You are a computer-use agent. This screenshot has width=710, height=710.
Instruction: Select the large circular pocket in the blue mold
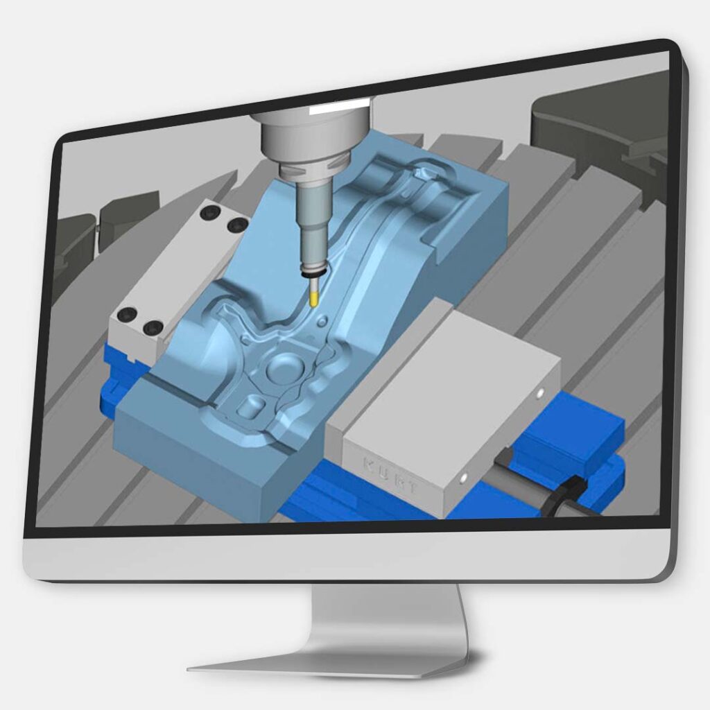tap(284, 367)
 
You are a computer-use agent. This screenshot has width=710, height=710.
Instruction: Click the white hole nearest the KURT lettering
tap(462, 477)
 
